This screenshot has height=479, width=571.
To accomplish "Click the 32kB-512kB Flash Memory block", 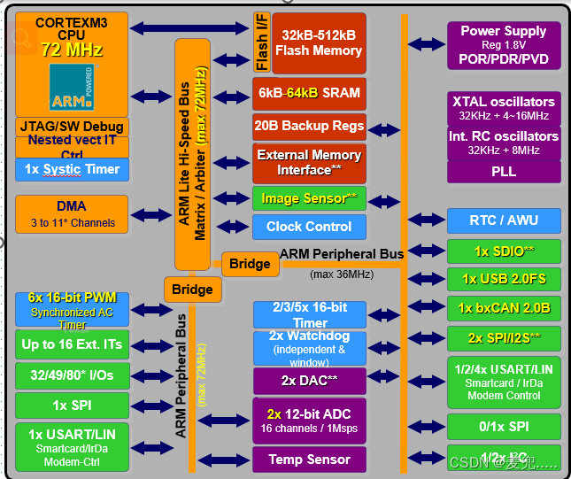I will point(319,42).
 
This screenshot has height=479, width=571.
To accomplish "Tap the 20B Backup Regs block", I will point(309,126).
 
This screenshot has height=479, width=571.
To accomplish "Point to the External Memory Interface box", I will point(309,162).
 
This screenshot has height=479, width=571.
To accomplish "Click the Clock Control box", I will point(309,227).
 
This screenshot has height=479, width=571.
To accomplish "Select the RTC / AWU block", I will point(503,220).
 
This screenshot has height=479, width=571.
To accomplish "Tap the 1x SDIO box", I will point(503,251).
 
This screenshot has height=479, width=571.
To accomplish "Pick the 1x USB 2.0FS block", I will point(503,279).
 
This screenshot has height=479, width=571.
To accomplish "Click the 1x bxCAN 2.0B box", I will point(503,308).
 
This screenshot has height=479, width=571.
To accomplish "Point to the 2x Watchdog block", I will point(309,348).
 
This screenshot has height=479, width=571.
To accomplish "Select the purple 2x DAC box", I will point(309,381).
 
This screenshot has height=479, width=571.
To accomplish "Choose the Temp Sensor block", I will point(309,459).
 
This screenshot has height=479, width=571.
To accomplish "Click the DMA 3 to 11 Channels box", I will point(71,214).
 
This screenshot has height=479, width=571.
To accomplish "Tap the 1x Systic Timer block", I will point(71,169).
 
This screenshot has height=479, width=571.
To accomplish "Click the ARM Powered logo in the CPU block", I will point(76,88).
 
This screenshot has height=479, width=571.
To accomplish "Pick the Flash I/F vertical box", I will point(261,42).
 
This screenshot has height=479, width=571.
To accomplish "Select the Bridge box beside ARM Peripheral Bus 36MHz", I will point(250,264).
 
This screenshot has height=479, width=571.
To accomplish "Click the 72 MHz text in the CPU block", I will point(72,50).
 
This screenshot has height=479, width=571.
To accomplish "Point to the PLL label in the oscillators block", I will point(503,172).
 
